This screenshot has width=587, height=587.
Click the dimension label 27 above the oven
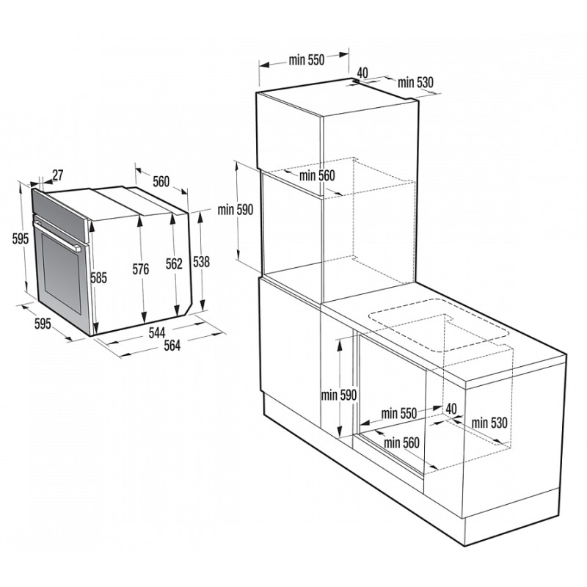pyautogui.click(x=58, y=175)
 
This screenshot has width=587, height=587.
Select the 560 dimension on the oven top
pyautogui.click(x=161, y=181)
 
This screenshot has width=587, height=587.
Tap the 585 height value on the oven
pyautogui.click(x=98, y=278)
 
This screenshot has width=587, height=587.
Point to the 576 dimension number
pyautogui.click(x=140, y=269)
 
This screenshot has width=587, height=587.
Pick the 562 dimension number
pyautogui.click(x=174, y=264)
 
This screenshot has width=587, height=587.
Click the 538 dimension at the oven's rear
pyautogui.click(x=201, y=262)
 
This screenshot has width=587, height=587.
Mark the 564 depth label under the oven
pyautogui.click(x=172, y=345)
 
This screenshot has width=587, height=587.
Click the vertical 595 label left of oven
pyautogui.click(x=21, y=238)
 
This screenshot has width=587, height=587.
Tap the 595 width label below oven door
pyautogui.click(x=43, y=324)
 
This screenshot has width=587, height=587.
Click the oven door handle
pyautogui.click(x=58, y=236)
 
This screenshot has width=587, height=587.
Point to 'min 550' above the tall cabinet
pyautogui.click(x=306, y=60)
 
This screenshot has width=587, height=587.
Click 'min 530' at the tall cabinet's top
pyautogui.click(x=415, y=82)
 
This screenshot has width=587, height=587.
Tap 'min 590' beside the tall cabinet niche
pyautogui.click(x=236, y=210)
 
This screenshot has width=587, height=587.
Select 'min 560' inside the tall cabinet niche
pyautogui.click(x=317, y=175)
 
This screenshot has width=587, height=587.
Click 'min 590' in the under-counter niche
pyautogui.click(x=339, y=395)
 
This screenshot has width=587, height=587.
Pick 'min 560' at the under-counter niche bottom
pyautogui.click(x=401, y=443)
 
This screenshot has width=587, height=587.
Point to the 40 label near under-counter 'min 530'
pyautogui.click(x=451, y=409)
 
